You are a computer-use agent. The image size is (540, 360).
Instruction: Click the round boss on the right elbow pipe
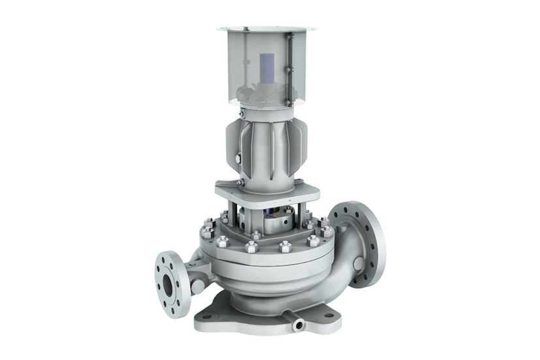[x=358, y=263]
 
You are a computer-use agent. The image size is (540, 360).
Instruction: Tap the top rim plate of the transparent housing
[x=267, y=29]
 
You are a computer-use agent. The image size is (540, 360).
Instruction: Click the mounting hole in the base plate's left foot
[x=208, y=316]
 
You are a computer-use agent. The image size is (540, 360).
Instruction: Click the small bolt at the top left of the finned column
[x=242, y=116]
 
